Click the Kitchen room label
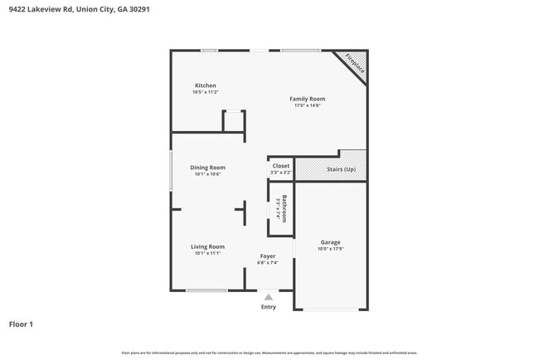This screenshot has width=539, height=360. click(206, 85)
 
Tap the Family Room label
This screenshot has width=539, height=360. click(307, 99)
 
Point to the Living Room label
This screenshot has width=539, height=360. click(208, 246)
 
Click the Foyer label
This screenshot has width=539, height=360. click(267, 256)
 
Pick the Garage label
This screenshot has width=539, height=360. click(331, 242)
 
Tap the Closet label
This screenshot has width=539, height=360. click(281, 166)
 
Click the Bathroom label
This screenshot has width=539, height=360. click(284, 208)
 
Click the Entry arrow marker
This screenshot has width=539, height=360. click(268, 296)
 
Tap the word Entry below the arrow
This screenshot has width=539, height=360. click(268, 307)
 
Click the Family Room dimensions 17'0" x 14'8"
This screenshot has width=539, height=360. click(307, 105)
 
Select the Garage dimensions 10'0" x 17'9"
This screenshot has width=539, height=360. click(331, 249)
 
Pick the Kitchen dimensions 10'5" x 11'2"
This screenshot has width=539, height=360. click(206, 92)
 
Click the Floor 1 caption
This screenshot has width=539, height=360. click(21, 324)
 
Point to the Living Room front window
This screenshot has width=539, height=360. click(206, 290)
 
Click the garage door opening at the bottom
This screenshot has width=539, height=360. click(331, 310)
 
